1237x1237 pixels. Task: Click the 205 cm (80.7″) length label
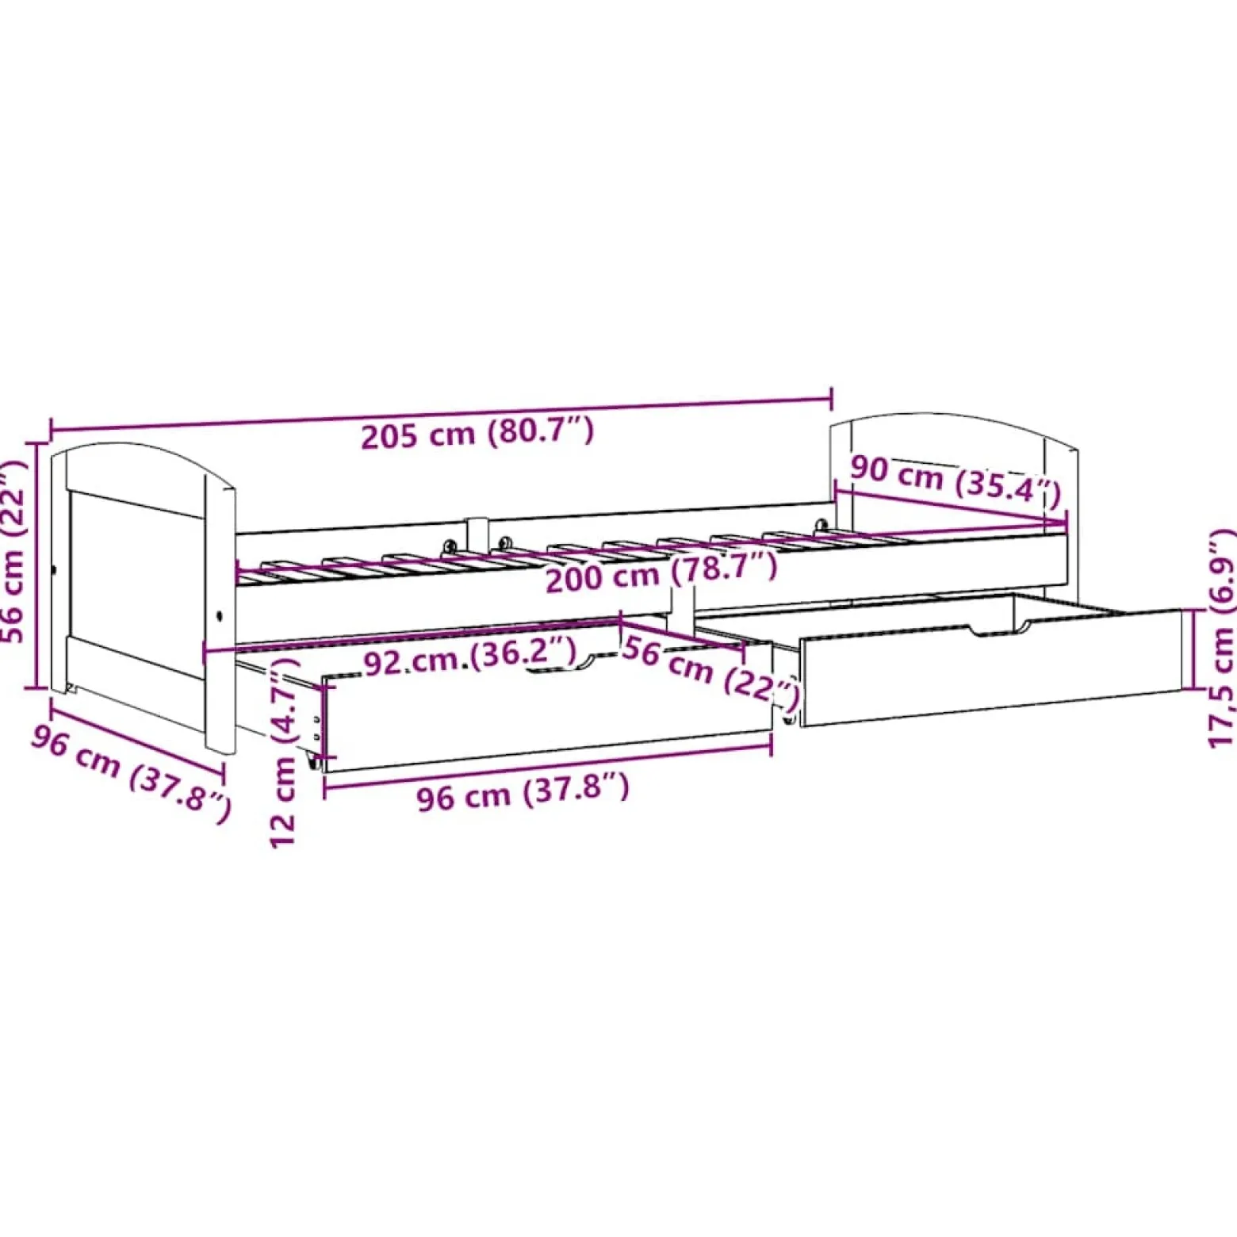coord(477,432)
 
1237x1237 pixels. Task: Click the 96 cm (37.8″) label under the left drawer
coord(523,791)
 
